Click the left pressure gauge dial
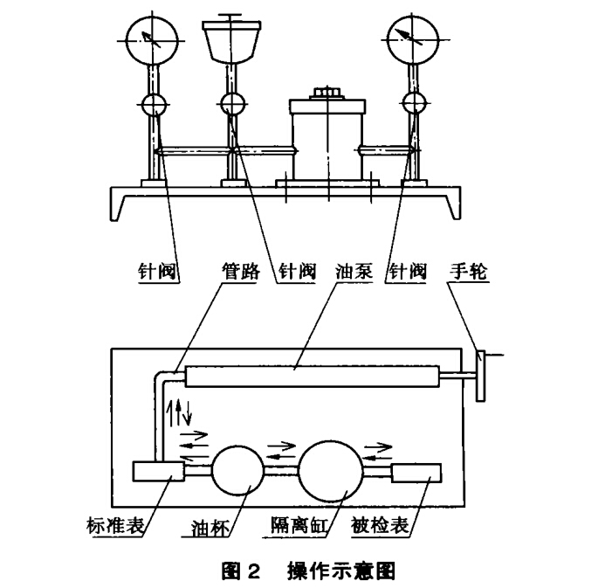click(151, 39)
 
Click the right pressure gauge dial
click(411, 39)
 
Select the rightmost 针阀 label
click(407, 272)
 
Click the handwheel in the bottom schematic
click(480, 375)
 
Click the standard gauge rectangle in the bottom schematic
click(157, 472)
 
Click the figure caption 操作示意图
click(341, 571)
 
